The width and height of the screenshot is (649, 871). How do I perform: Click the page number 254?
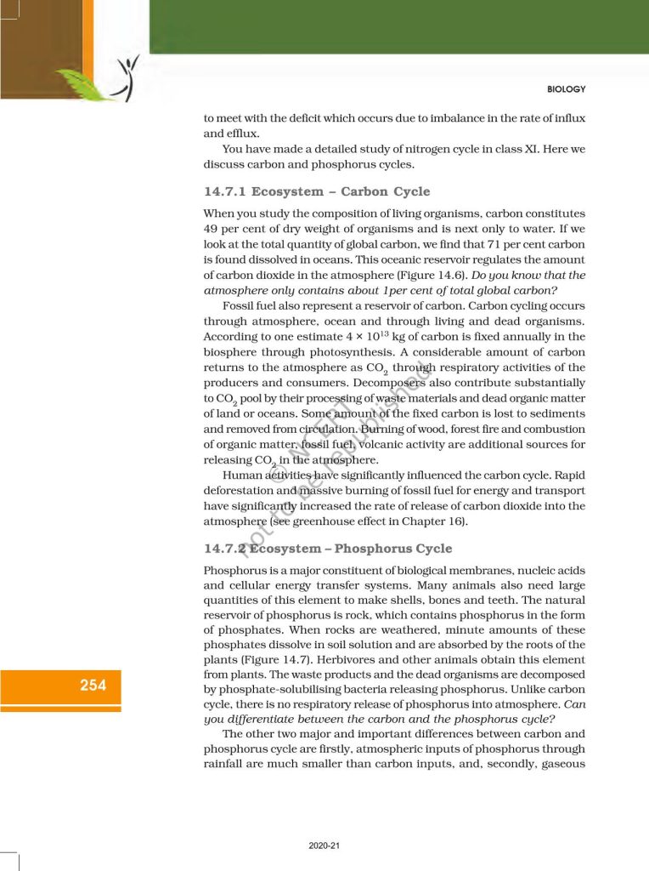tap(93, 686)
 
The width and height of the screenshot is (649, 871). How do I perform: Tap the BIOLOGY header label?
tap(565, 89)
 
